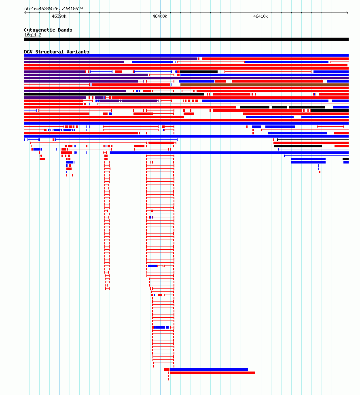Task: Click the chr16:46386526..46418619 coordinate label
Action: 53,8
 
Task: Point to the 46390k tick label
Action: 59,16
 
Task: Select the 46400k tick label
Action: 160,16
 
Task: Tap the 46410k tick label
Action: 260,16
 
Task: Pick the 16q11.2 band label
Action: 33,35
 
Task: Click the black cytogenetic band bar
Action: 186,39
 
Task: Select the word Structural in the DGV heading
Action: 50,52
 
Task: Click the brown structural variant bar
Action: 264,85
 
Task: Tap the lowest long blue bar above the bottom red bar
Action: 209,370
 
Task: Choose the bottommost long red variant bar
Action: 213,373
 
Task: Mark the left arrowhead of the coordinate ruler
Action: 25,13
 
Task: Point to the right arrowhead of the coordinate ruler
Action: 347,13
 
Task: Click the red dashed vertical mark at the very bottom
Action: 168,377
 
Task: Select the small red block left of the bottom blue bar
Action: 167,370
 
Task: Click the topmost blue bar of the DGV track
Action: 186,55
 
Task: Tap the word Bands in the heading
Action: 65,30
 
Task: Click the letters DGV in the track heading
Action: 28,52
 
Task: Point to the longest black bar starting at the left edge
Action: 114,94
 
